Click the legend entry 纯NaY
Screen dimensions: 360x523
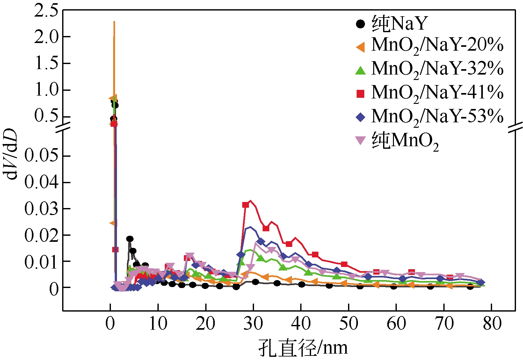point(399,24)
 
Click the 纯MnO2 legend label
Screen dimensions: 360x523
point(405,140)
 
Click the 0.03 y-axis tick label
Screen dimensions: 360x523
point(41,209)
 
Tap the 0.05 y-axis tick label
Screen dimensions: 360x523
point(41,156)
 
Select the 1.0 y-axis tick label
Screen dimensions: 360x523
point(46,90)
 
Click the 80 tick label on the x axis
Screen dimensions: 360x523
point(492,324)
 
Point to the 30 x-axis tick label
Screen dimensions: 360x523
point(253,324)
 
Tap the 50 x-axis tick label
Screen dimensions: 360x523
point(349,324)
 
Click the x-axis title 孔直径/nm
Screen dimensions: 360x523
point(303,348)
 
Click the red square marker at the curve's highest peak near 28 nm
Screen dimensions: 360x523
point(245,205)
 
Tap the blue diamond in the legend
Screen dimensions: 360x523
point(360,117)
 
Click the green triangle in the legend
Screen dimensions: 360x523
point(360,70)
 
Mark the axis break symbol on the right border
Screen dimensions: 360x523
point(515,127)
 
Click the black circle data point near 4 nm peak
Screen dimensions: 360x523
point(130,239)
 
